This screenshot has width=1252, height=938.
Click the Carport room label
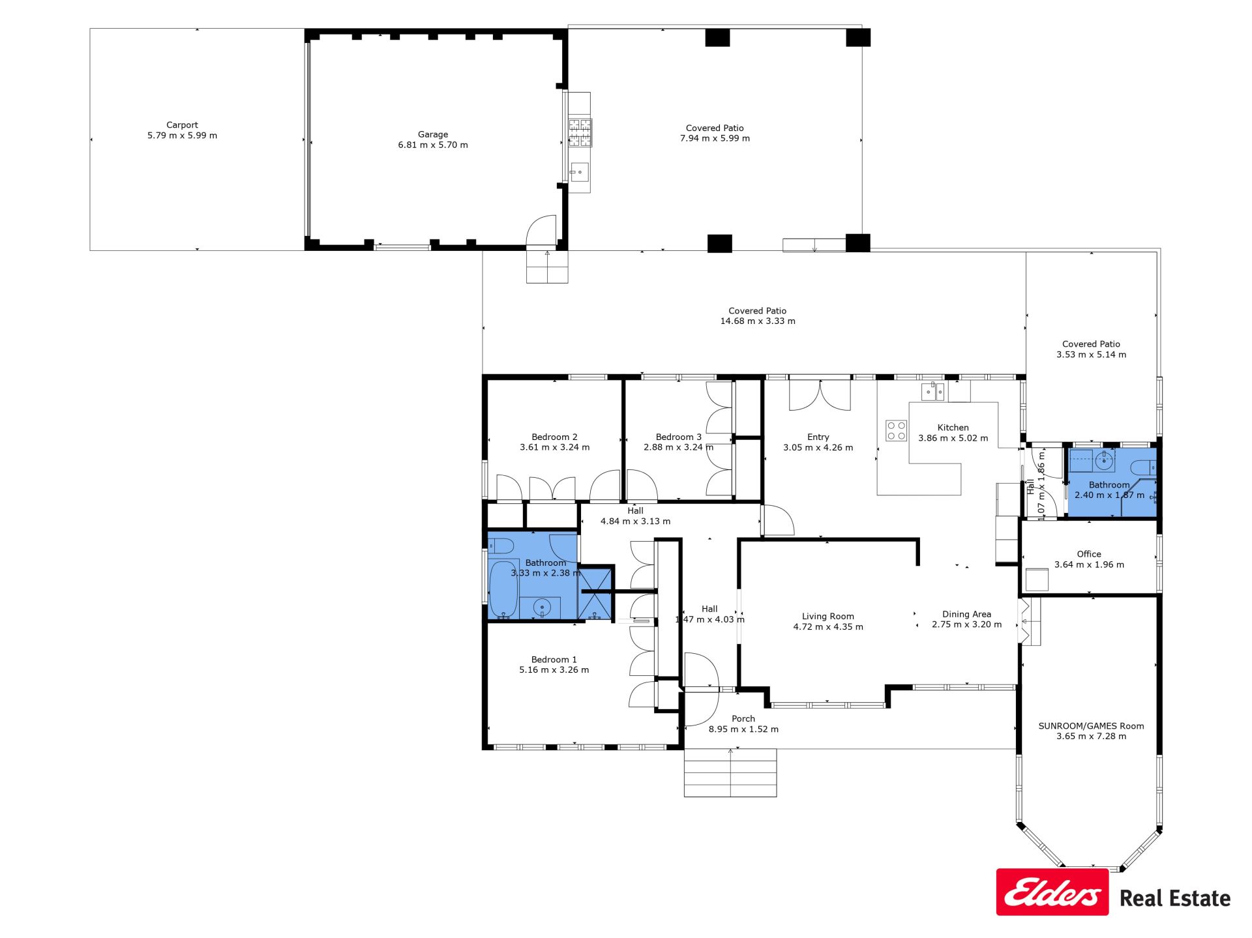pyautogui.click(x=182, y=125)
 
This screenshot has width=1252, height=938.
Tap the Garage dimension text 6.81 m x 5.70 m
pyautogui.click(x=433, y=145)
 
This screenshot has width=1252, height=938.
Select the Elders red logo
pyautogui.click(x=1052, y=892)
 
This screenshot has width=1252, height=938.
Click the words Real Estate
pyautogui.click(x=1175, y=898)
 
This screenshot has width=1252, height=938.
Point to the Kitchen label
pyautogui.click(x=953, y=428)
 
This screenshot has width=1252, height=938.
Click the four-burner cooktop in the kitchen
pyautogui.click(x=896, y=431)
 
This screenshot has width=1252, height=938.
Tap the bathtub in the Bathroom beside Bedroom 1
pyautogui.click(x=503, y=589)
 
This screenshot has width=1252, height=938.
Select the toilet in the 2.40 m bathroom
pyautogui.click(x=1143, y=467)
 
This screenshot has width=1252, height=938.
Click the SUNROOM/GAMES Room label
pyautogui.click(x=1091, y=725)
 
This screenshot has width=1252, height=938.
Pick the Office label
pyautogui.click(x=1089, y=554)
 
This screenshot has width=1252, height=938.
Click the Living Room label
pyautogui.click(x=827, y=616)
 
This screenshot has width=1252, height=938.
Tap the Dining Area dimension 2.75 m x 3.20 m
pyautogui.click(x=966, y=624)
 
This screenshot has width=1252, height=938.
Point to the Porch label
pyautogui.click(x=743, y=718)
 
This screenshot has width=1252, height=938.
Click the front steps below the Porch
pyautogui.click(x=730, y=772)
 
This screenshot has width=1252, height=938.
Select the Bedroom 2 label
pyautogui.click(x=554, y=437)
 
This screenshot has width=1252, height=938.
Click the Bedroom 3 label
pyautogui.click(x=679, y=437)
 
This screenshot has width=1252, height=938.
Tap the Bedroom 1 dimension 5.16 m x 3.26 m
pyautogui.click(x=554, y=669)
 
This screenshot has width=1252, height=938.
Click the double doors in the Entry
pyautogui.click(x=820, y=396)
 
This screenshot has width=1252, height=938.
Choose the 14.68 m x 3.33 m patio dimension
pyautogui.click(x=758, y=321)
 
